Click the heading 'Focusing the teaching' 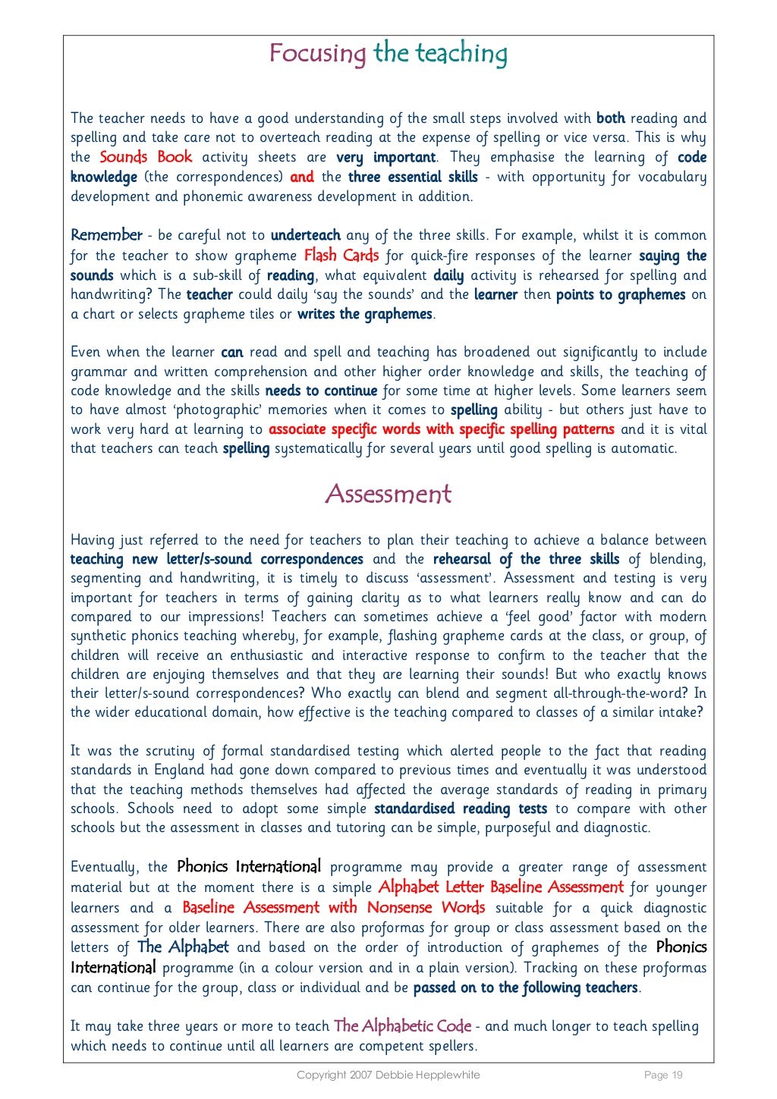[388, 53]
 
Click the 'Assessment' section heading [388, 494]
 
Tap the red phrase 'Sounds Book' [146, 157]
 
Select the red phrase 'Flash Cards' [341, 255]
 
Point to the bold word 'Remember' [106, 235]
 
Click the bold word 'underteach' [305, 235]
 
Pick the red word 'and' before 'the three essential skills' [301, 177]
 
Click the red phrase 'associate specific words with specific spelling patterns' [441, 429]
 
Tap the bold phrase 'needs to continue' [320, 391]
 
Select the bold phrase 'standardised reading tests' [460, 809]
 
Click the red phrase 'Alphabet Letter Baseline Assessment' [500, 887]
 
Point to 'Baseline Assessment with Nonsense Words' [333, 907]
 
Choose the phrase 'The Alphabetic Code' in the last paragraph [402, 1025]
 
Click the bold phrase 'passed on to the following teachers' [525, 988]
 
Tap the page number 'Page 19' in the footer [663, 1075]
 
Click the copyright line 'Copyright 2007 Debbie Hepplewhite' [388, 1075]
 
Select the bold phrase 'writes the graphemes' [364, 314]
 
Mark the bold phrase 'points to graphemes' [620, 294]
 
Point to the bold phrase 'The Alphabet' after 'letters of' [182, 947]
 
